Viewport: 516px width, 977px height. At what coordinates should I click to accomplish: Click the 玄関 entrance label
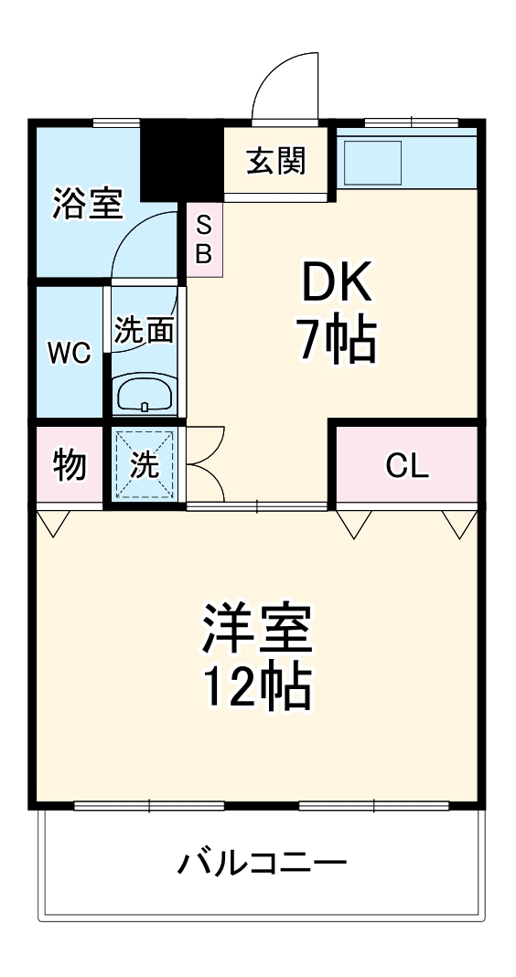[x=274, y=162]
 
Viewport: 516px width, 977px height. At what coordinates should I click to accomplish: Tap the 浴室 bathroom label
[x=87, y=203]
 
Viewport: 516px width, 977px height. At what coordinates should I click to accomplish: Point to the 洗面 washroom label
[x=144, y=330]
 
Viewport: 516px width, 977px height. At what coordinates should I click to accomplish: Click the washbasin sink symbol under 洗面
[x=144, y=395]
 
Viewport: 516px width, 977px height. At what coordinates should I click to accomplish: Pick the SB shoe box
[x=203, y=239]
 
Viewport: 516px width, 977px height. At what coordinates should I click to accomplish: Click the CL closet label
[x=406, y=466]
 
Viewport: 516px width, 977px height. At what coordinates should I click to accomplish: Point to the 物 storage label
[x=70, y=465]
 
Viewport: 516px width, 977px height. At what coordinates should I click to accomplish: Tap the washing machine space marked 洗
[x=144, y=465]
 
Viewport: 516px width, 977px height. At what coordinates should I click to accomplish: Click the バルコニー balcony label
[x=262, y=862]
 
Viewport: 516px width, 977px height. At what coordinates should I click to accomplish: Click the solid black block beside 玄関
[x=181, y=160]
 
